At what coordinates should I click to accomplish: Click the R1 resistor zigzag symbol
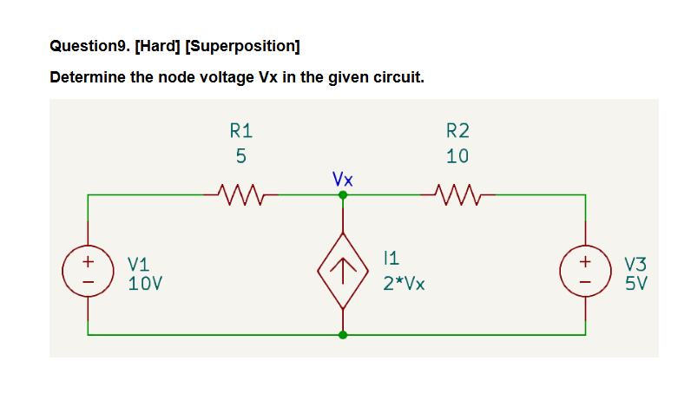236,191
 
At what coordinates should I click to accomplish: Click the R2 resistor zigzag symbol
454,191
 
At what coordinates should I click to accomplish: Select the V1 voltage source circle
87,269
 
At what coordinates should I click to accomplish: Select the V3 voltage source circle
585,269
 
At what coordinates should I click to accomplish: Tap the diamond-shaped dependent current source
344,270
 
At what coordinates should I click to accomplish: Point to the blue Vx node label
343,179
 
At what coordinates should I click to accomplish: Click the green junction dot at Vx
344,195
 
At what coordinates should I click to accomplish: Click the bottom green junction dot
344,334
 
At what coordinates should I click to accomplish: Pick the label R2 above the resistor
457,131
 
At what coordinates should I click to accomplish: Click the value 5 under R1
240,156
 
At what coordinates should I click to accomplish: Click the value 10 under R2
457,156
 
